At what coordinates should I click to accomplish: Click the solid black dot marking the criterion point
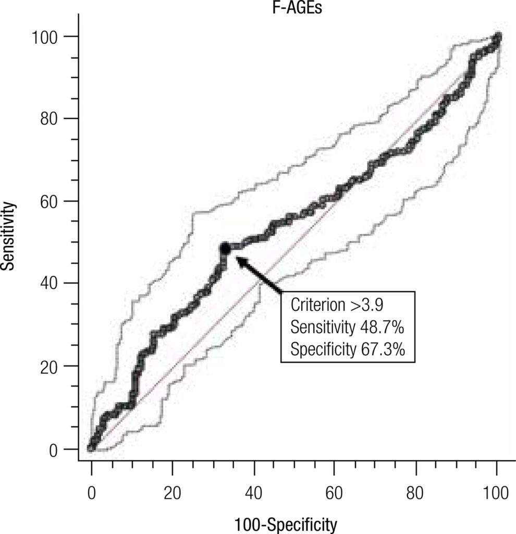225,249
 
